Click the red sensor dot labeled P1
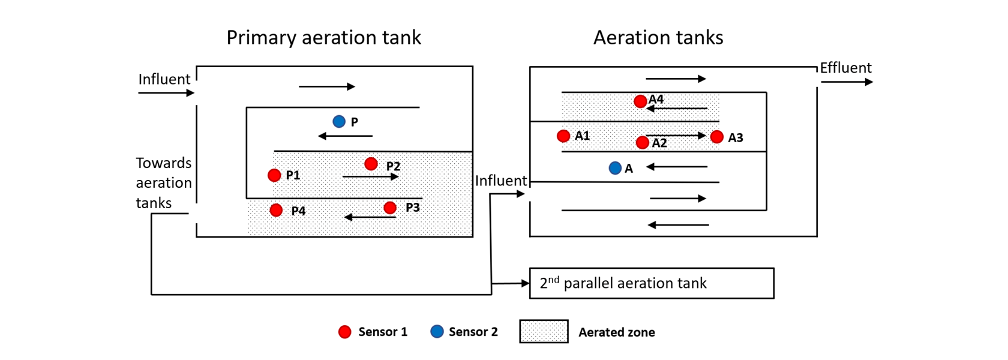tap(274, 175)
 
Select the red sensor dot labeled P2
tap(371, 164)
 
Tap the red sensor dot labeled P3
tap(390, 208)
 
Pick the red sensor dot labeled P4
tap(276, 210)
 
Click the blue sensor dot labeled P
tap(339, 122)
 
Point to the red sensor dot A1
tap(563, 136)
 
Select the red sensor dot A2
tap(642, 142)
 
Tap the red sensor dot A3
tap(716, 137)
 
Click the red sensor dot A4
tap(640, 101)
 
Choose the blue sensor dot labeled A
tap(615, 168)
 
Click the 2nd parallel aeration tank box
tap(652, 283)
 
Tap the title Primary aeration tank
tap(323, 38)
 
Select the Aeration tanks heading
tap(658, 38)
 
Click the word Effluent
tap(845, 68)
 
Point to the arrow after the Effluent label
tap(847, 82)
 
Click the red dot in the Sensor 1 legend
tap(345, 332)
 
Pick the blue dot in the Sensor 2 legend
tap(437, 331)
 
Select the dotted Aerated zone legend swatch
tap(544, 331)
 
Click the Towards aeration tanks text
tap(163, 183)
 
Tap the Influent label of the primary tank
tap(164, 79)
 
